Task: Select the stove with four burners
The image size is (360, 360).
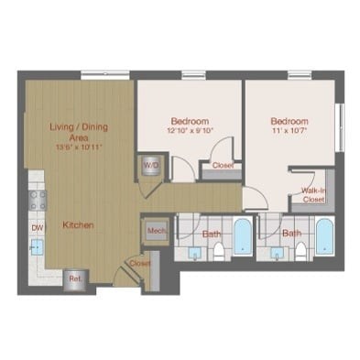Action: pos(38,199)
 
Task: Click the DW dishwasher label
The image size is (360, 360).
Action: pos(38,227)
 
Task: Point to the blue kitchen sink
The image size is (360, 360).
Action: pos(38,246)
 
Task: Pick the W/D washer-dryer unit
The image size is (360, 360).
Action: pos(149,166)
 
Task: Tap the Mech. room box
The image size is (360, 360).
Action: pos(154,233)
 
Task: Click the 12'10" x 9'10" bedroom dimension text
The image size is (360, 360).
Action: pos(190,130)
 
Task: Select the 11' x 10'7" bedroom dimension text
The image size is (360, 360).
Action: pos(290,131)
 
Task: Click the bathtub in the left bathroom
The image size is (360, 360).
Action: pos(241,237)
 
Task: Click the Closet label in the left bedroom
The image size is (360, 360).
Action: pos(223,166)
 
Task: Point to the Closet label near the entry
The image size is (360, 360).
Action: pos(139,263)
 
